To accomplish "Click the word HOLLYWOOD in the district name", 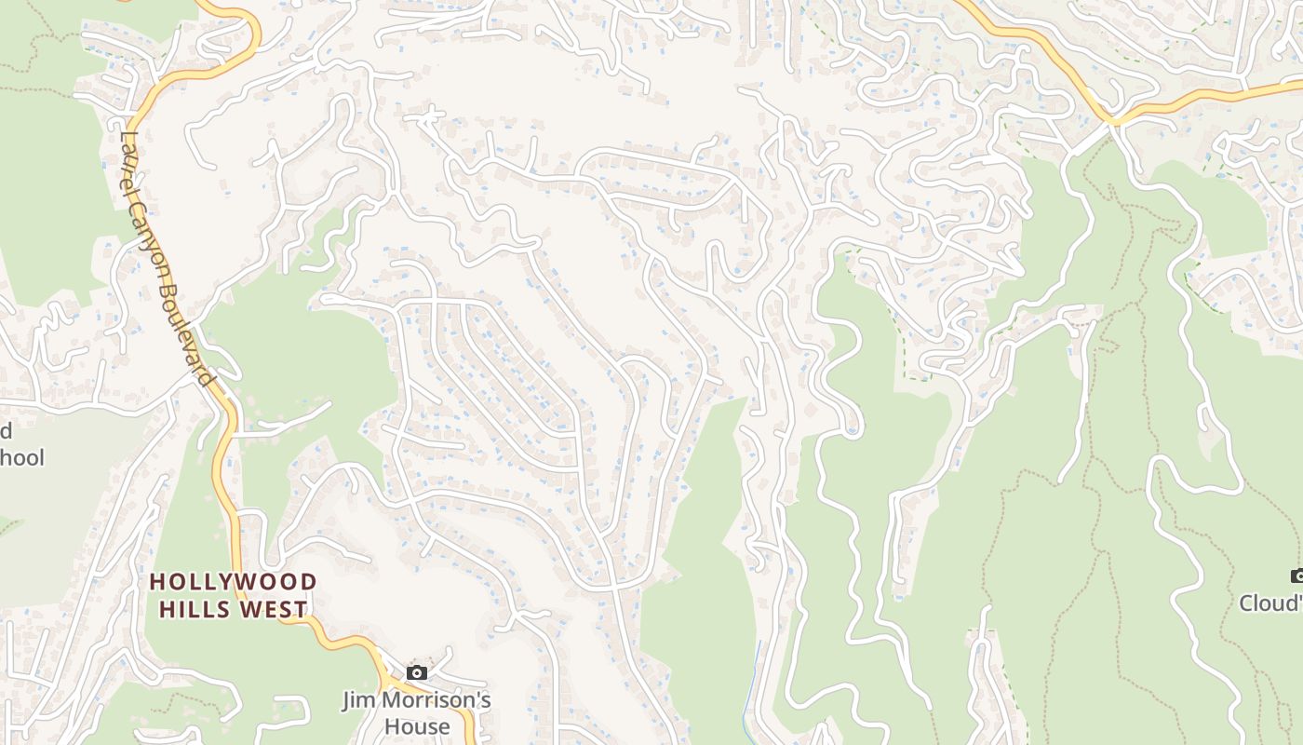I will pos(234,582).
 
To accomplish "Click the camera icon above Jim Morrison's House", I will pos(417,672).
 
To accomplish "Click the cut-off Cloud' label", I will pos(1270,603).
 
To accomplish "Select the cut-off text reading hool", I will pos(22,458).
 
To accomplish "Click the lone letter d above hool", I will pos(6,431).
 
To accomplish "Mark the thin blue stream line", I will pos(753,680).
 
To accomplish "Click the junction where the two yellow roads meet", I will pos(1113,119).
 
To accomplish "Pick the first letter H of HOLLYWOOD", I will pos(156,582).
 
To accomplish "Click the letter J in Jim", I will pos(347,700).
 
